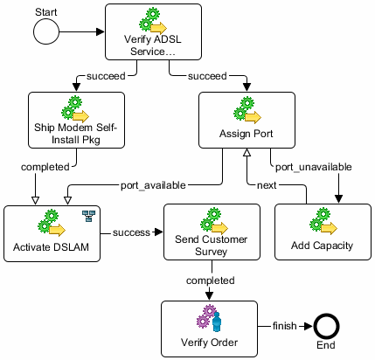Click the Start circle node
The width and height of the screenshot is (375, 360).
click(x=45, y=32)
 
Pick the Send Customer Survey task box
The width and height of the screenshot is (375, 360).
click(x=210, y=232)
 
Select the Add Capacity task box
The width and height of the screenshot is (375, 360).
click(x=320, y=232)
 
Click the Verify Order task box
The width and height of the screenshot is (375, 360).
click(x=210, y=326)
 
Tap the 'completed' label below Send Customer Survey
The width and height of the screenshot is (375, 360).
click(x=210, y=280)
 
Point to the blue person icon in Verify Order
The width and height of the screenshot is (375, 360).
click(x=221, y=316)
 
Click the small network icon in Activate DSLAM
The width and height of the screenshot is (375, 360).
click(x=86, y=215)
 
